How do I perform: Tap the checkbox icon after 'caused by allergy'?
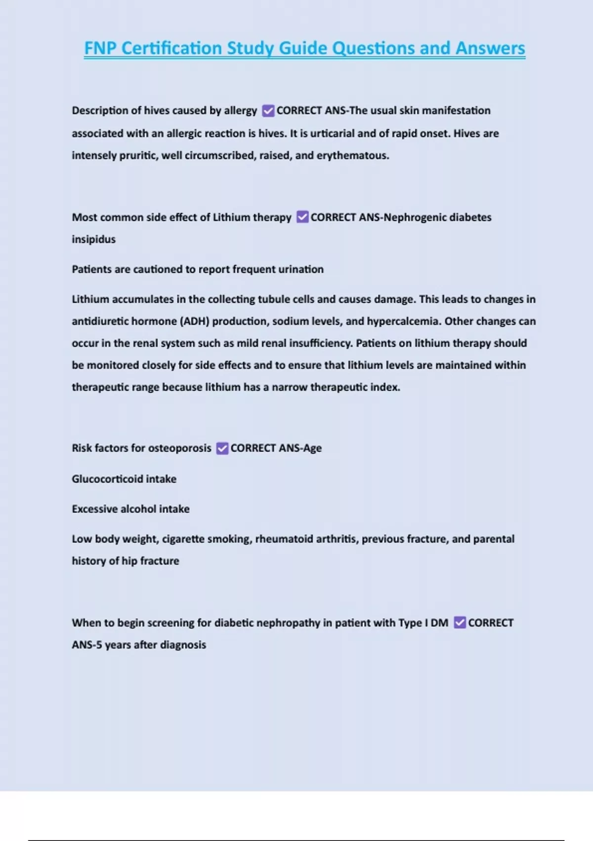(x=268, y=111)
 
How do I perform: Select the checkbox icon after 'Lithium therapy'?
(x=302, y=217)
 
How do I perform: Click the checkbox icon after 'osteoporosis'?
(x=222, y=448)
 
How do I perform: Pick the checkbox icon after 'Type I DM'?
(x=460, y=623)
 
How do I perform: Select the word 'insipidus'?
(x=93, y=239)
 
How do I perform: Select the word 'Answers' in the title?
(x=490, y=48)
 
